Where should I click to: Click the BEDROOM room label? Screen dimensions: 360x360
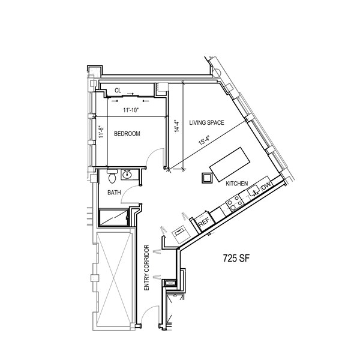pyautogui.click(x=127, y=134)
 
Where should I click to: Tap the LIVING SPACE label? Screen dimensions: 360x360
pyautogui.click(x=206, y=122)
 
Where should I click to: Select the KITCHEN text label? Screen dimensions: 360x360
pyautogui.click(x=237, y=184)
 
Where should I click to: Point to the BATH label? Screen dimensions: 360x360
pyautogui.click(x=114, y=193)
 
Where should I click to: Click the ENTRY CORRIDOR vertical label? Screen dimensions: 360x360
pyautogui.click(x=146, y=268)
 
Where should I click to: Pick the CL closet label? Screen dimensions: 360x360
pyautogui.click(x=118, y=91)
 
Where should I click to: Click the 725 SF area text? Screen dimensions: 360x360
pyautogui.click(x=236, y=258)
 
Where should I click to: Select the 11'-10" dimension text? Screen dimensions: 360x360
pyautogui.click(x=131, y=110)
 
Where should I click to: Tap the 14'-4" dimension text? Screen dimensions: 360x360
pyautogui.click(x=176, y=126)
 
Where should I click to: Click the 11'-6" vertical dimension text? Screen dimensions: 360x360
pyautogui.click(x=101, y=132)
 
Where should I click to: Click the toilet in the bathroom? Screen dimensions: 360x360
pyautogui.click(x=112, y=176)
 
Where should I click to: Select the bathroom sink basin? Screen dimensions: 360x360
pyautogui.click(x=127, y=175)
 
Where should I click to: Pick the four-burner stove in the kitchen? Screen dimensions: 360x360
pyautogui.click(x=235, y=202)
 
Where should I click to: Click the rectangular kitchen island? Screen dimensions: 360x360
pyautogui.click(x=230, y=164)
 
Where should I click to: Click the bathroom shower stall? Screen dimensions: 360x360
pyautogui.click(x=113, y=217)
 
